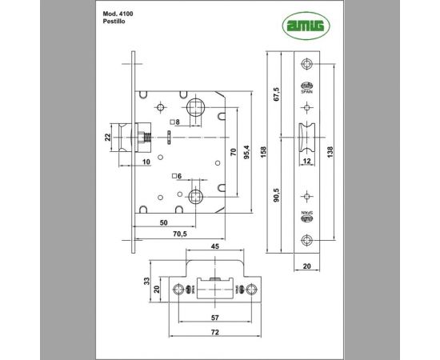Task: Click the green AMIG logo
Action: tap(306, 26)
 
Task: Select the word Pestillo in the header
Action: tap(115, 23)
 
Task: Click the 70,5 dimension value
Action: tap(181, 234)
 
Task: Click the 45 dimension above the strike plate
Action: tap(214, 247)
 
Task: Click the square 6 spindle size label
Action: tap(177, 175)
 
